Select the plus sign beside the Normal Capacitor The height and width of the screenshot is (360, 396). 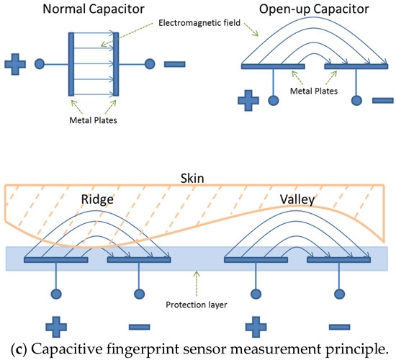15,64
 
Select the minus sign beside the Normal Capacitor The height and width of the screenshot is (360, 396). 176,64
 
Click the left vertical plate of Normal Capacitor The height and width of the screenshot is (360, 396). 71,63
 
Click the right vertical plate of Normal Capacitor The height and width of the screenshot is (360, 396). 115,63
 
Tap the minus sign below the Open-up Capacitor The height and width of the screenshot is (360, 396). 382,100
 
